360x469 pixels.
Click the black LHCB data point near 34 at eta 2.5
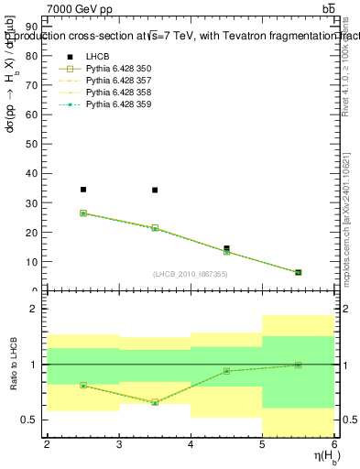tap(83, 190)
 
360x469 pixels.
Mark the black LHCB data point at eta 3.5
tap(155, 191)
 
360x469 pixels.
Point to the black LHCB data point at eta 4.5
tap(226, 248)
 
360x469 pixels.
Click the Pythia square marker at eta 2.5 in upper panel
tap(83, 213)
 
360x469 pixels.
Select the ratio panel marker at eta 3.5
tap(155, 402)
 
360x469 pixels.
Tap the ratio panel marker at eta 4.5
tap(226, 371)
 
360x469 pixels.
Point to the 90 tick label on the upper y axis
tap(34, 27)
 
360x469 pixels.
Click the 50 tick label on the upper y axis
tap(34, 145)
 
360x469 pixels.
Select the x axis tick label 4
tap(191, 444)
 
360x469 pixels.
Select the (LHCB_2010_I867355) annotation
tap(190, 275)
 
